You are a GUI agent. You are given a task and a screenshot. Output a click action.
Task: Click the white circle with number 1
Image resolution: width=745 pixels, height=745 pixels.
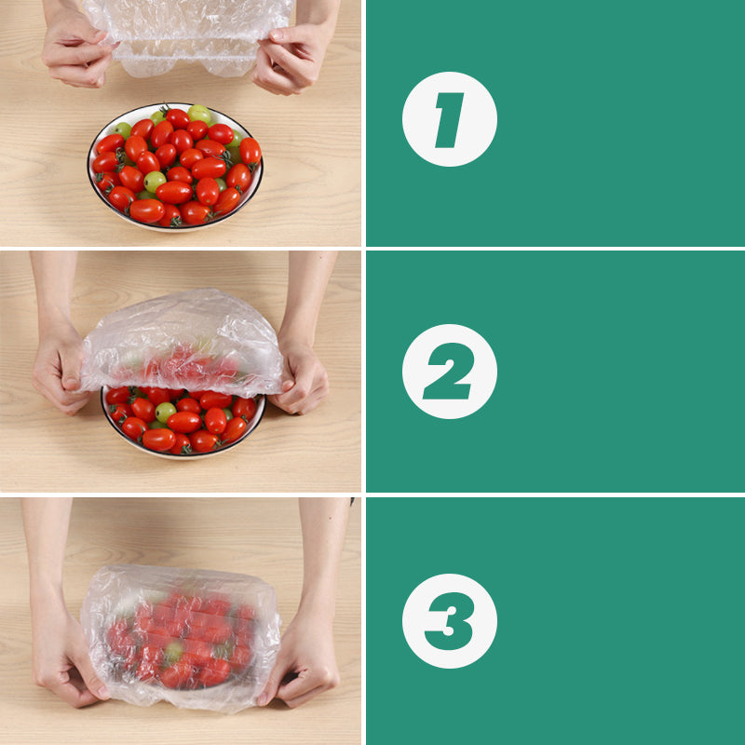[x=449, y=119]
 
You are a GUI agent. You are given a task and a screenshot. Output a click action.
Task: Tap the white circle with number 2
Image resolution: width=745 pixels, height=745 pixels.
[x=449, y=372]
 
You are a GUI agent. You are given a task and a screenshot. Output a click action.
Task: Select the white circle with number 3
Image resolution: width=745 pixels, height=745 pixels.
[x=449, y=620]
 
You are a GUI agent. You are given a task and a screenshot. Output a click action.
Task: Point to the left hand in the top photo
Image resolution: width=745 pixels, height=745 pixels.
[x=74, y=51]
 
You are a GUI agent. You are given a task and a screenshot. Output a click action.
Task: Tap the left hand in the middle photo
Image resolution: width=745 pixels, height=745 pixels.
[x=61, y=372]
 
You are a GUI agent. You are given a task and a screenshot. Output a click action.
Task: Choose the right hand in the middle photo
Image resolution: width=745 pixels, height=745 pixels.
[x=300, y=377]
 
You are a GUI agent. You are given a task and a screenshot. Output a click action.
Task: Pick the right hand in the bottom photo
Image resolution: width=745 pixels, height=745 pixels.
[x=303, y=657]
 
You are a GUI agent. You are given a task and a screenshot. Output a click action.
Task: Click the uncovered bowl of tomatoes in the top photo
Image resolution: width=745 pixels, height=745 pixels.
[x=175, y=168]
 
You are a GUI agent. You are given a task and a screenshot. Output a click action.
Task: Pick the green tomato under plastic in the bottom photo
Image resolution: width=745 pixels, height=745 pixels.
[x=173, y=652]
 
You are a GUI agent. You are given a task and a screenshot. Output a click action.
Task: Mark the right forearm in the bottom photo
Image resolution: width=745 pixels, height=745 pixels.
[x=321, y=549]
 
